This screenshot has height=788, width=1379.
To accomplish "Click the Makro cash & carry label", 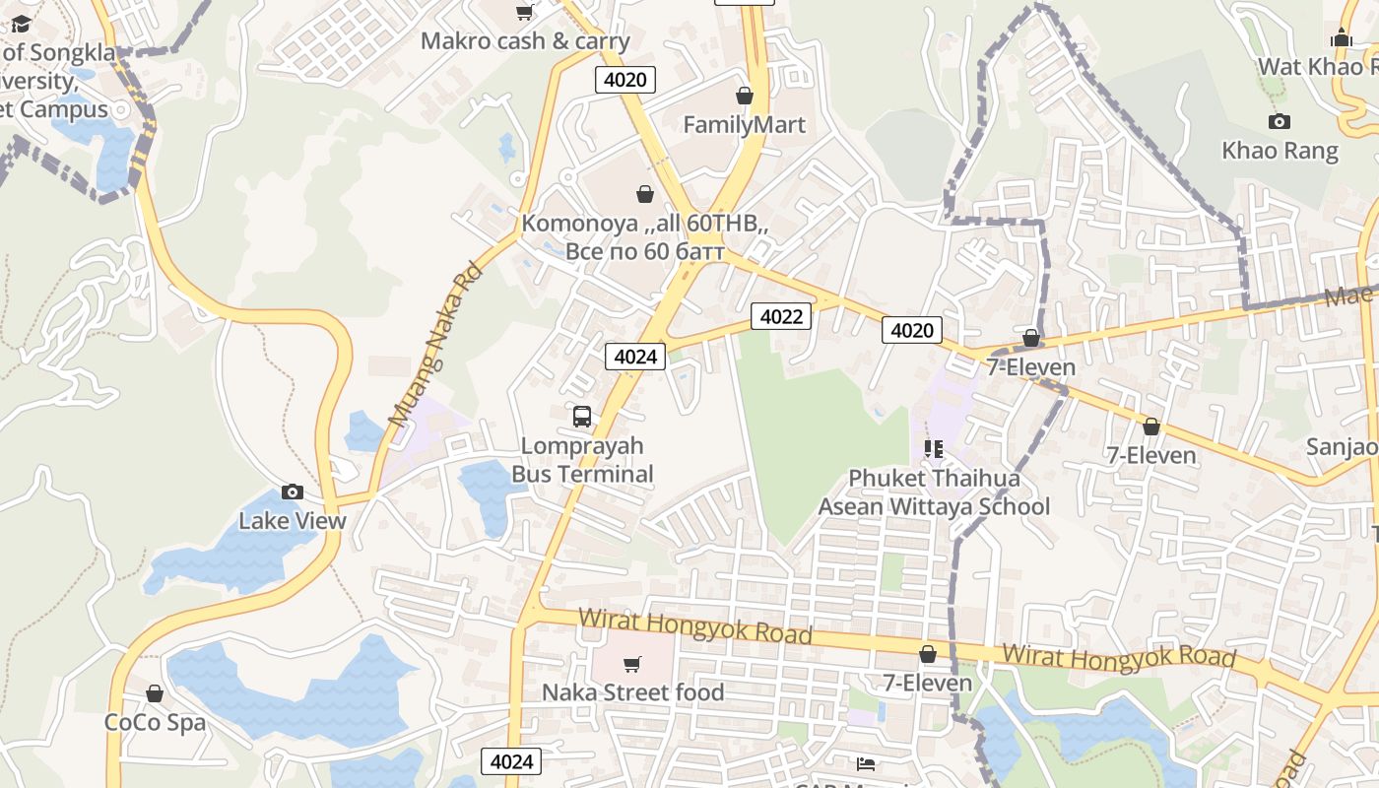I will click(525, 41).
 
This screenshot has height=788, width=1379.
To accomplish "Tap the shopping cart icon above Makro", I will click(525, 12).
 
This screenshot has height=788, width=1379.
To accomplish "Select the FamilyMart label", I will click(744, 125).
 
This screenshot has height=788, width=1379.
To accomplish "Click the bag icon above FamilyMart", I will click(745, 96).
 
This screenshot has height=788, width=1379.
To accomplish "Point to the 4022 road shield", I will click(781, 316).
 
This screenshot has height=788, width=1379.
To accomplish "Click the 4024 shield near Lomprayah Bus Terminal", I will click(635, 357).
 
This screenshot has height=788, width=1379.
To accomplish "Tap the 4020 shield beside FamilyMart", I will click(625, 80).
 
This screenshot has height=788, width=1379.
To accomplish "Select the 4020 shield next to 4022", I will click(911, 330).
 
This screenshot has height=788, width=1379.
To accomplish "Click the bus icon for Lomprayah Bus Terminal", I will click(582, 416).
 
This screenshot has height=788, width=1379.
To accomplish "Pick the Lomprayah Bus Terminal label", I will click(582, 460).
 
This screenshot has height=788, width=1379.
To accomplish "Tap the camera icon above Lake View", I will click(293, 492).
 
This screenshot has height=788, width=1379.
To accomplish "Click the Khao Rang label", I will click(1280, 151).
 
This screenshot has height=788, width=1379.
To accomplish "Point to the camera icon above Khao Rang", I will click(1280, 121).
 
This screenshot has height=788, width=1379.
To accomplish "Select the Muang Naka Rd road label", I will click(434, 345).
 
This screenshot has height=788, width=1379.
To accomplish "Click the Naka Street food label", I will click(632, 692).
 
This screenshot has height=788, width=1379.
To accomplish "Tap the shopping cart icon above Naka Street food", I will click(631, 664).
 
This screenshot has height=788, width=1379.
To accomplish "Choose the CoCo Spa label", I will click(155, 722).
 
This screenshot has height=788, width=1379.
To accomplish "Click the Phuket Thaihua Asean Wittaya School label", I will click(934, 492).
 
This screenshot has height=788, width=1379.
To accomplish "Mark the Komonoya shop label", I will click(644, 237).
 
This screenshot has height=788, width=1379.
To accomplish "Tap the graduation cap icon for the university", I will click(21, 24).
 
